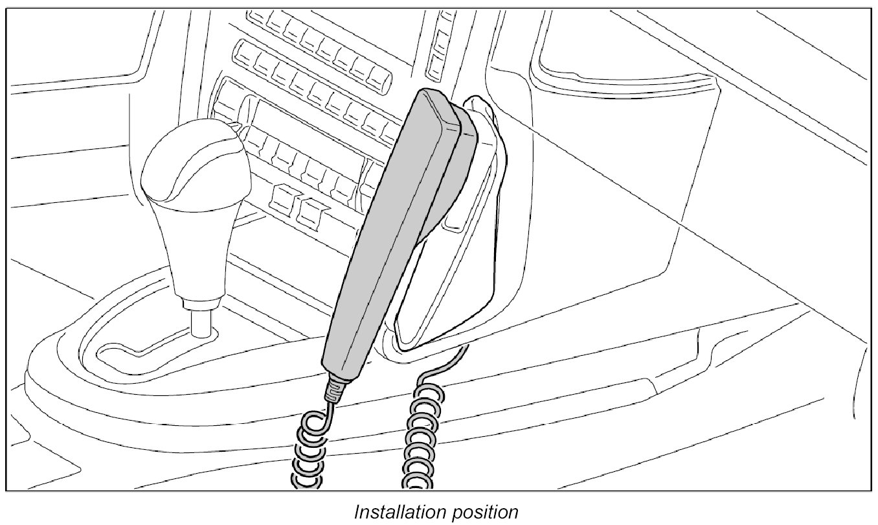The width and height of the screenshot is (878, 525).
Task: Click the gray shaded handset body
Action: (x=395, y=233)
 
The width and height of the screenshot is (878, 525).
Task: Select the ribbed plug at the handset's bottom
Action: (x=335, y=389)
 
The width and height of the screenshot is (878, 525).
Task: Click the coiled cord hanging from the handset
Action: (x=311, y=454)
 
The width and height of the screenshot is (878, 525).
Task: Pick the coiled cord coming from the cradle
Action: (x=421, y=441)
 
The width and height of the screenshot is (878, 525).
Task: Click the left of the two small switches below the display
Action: (x=282, y=198)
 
